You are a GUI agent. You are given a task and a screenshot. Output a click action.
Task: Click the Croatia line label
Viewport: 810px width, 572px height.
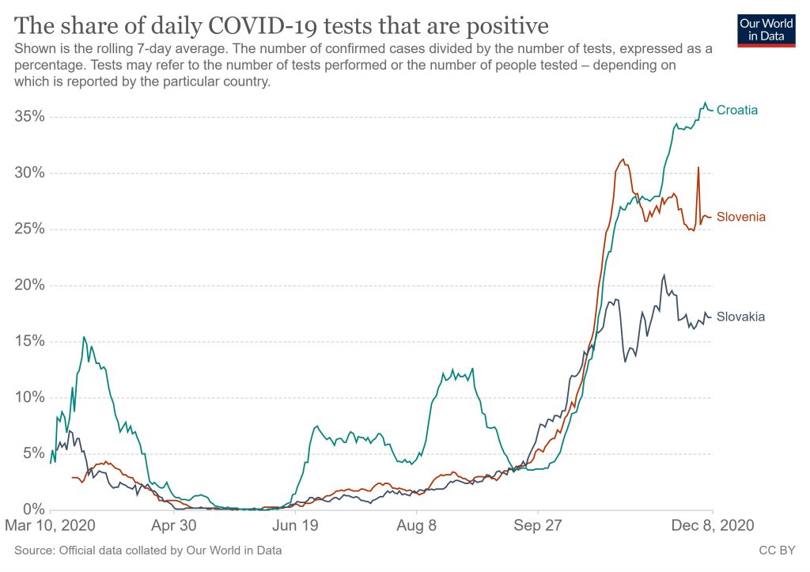(737, 111)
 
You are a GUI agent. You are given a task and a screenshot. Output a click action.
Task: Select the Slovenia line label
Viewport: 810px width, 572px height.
(740, 217)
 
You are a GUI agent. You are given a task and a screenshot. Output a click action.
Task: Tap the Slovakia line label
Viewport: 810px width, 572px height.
(740, 316)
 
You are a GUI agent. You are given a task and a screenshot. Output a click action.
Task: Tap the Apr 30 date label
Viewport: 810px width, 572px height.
(173, 525)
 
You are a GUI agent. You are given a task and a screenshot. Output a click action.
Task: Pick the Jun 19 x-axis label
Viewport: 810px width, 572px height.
(294, 525)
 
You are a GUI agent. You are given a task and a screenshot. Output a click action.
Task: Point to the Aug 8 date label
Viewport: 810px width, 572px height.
(416, 525)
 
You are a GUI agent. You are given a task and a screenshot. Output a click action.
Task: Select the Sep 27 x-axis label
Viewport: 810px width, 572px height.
(537, 525)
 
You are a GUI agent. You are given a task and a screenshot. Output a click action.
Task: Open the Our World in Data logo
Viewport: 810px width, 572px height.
(766, 29)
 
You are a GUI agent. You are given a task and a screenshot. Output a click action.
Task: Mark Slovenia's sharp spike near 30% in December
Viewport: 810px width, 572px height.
(698, 168)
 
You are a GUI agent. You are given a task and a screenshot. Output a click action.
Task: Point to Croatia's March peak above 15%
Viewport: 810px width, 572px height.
(84, 337)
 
